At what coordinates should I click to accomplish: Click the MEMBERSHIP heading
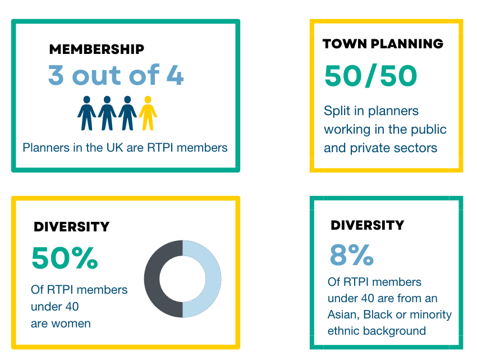tap(97, 49)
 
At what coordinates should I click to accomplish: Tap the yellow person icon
tap(148, 113)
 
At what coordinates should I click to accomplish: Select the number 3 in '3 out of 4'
tap(56, 75)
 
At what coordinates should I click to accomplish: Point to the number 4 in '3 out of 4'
tap(175, 75)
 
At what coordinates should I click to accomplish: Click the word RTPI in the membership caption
tap(160, 148)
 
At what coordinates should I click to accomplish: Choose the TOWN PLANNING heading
tap(383, 44)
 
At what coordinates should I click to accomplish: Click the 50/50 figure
tap(371, 76)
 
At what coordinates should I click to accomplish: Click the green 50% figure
tap(65, 258)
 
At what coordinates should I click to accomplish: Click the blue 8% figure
tap(352, 254)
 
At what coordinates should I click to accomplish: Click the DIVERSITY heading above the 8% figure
tap(368, 225)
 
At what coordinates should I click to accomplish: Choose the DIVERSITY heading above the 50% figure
tap(71, 226)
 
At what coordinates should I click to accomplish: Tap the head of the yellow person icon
tap(148, 99)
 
